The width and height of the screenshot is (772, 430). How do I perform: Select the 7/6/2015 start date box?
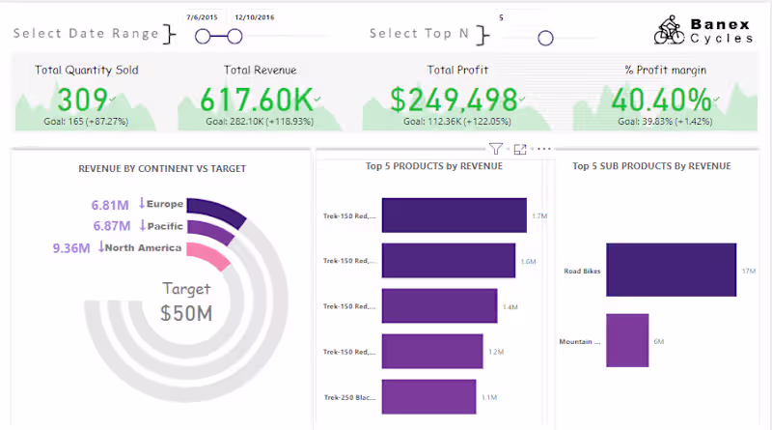(x=203, y=17)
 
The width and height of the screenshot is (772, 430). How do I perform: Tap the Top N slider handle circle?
(x=545, y=39)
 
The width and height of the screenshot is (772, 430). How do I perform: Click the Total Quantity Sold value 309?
(x=82, y=100)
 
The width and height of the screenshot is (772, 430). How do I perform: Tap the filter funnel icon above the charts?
(x=496, y=149)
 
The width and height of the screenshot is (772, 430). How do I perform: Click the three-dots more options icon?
(x=544, y=149)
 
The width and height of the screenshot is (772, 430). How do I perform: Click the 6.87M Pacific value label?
(x=110, y=225)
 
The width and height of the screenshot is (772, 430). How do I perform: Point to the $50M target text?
(x=187, y=311)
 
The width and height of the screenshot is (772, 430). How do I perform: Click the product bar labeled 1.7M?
(x=454, y=215)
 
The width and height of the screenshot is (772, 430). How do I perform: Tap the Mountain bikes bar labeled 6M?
(x=627, y=340)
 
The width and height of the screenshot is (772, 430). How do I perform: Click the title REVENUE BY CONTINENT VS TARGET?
(x=162, y=168)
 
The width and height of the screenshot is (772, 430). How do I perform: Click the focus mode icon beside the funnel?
(x=520, y=149)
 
